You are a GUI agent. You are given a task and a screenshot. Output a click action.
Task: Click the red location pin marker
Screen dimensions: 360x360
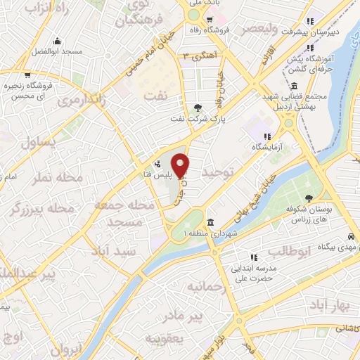click(x=181, y=165)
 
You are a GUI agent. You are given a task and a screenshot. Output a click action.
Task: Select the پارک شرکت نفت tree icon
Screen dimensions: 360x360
click(x=197, y=108)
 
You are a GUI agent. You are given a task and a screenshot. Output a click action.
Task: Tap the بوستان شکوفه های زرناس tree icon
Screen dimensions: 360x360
click(x=309, y=198)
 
